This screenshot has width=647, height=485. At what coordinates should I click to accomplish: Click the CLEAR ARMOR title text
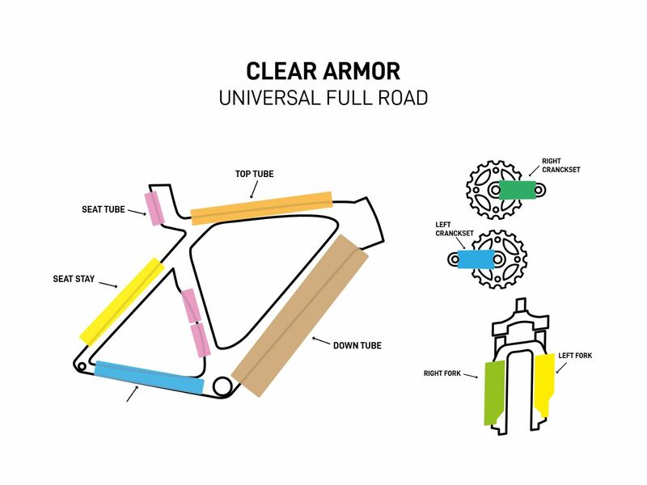click(x=323, y=70)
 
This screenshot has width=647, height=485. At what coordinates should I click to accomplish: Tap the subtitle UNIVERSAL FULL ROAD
click(x=323, y=99)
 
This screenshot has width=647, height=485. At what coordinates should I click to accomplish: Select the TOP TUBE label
click(x=255, y=174)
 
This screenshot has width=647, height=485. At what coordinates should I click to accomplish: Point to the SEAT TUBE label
click(x=104, y=209)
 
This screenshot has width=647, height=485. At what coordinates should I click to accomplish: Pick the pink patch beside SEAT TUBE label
click(x=154, y=208)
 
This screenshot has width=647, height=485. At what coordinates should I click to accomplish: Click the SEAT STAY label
click(x=74, y=279)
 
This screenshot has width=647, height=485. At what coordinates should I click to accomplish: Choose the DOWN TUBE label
click(x=357, y=346)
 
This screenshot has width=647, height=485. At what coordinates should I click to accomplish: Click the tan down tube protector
click(x=300, y=315)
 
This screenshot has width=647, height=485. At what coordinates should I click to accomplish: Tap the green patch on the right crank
click(x=517, y=190)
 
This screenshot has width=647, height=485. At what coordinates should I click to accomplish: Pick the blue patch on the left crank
click(x=477, y=259)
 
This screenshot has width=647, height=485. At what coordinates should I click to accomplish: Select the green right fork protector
click(x=493, y=392)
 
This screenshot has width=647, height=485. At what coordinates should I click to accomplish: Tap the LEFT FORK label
click(x=575, y=355)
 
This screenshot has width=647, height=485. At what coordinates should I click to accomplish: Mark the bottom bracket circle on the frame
click(x=222, y=386)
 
